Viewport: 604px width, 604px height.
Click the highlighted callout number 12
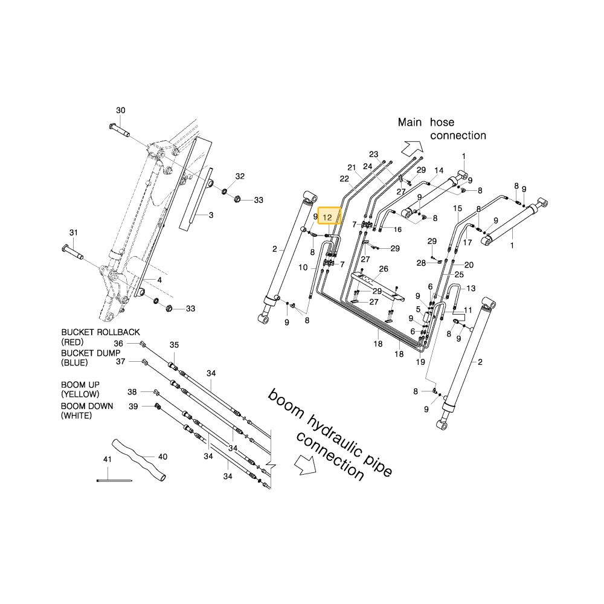click(327, 217)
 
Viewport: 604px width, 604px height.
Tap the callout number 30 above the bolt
click(121, 111)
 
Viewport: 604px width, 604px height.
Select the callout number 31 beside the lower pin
click(74, 233)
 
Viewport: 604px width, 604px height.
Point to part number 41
click(108, 459)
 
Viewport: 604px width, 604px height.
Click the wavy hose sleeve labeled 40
click(140, 460)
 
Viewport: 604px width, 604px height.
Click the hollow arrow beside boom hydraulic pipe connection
click(305, 464)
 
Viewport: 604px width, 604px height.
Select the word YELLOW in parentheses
click(80, 394)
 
